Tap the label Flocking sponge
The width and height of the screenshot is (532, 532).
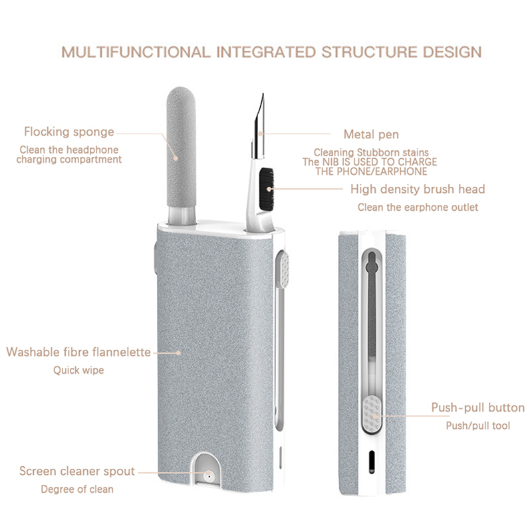(x=69, y=132)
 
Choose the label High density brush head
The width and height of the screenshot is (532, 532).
(x=418, y=190)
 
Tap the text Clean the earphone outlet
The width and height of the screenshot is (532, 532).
(x=418, y=207)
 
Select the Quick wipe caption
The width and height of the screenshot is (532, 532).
(x=78, y=370)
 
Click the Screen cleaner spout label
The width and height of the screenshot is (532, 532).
(x=77, y=471)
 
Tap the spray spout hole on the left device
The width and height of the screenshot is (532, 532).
(x=209, y=477)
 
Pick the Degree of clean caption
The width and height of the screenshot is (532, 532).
(x=77, y=489)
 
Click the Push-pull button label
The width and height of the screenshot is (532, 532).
(x=477, y=408)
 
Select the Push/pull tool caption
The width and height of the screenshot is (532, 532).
(x=477, y=426)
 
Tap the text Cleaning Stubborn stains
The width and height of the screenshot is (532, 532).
(x=371, y=152)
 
